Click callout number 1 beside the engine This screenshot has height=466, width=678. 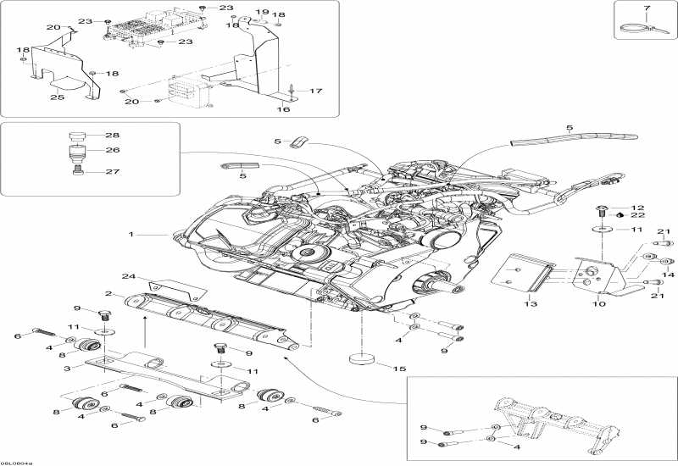131,234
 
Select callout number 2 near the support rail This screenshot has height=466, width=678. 108,293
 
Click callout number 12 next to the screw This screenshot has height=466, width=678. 639,208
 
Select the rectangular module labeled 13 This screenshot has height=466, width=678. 520,274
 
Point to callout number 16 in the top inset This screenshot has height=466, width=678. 285,109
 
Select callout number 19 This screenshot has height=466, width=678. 262,12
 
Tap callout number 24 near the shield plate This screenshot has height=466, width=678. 128,276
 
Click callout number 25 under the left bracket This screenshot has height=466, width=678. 57,98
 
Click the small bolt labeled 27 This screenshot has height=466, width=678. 79,170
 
